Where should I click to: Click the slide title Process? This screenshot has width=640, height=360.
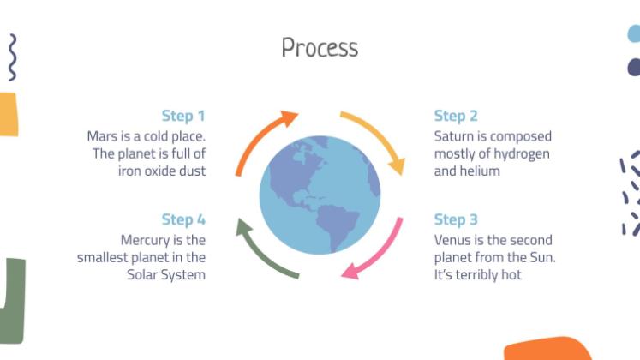320,47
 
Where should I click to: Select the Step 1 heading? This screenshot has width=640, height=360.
183,116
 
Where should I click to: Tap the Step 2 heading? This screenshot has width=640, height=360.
456,116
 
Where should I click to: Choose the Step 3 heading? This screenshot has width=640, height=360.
456,220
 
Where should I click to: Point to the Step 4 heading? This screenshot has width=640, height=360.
183,220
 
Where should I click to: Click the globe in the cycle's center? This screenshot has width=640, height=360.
319,194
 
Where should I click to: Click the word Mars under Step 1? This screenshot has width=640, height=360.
103,136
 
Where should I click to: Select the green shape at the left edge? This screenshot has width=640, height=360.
14,300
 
